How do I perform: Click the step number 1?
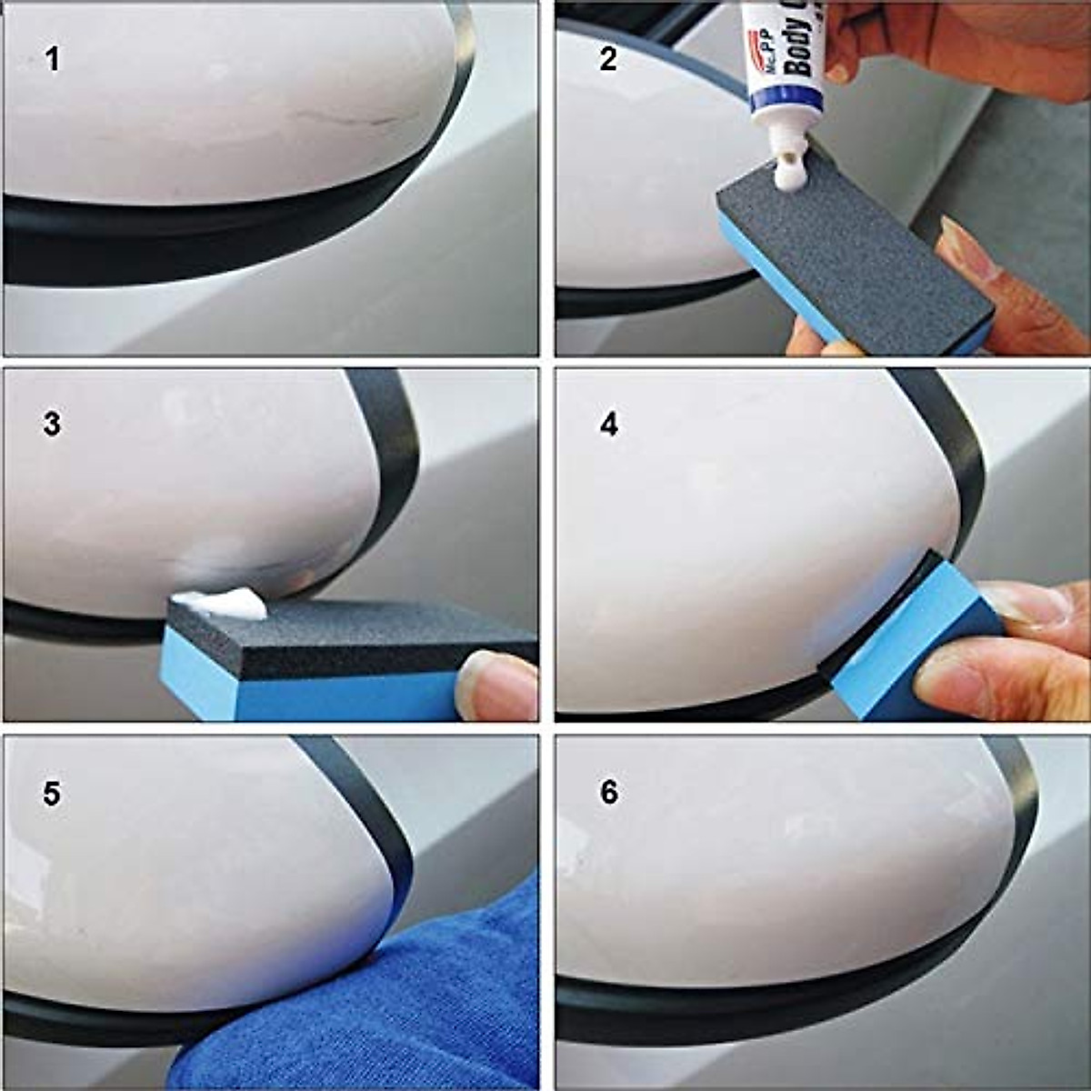click(53, 60)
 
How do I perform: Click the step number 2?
click(608, 60)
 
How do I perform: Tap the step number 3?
click(52, 424)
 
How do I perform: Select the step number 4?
click(608, 424)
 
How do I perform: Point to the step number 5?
click(52, 793)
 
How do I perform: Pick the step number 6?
click(608, 793)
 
